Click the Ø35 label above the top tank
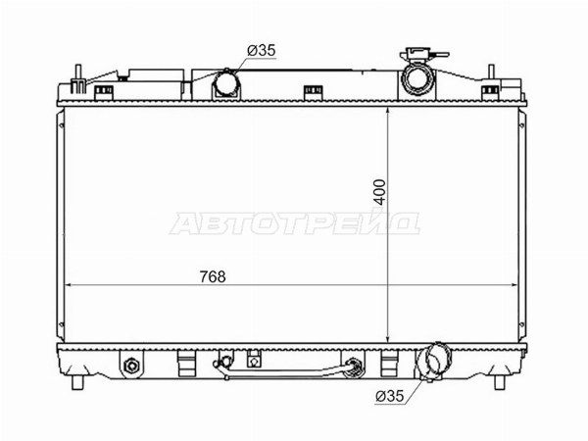click(262, 50)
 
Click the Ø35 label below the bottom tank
click(390, 396)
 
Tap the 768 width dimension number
click(213, 276)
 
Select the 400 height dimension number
click(380, 192)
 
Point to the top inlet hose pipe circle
click(226, 83)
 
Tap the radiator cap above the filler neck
click(423, 55)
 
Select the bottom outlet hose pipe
click(433, 361)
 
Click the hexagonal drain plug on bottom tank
click(131, 366)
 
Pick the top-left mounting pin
click(78, 77)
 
